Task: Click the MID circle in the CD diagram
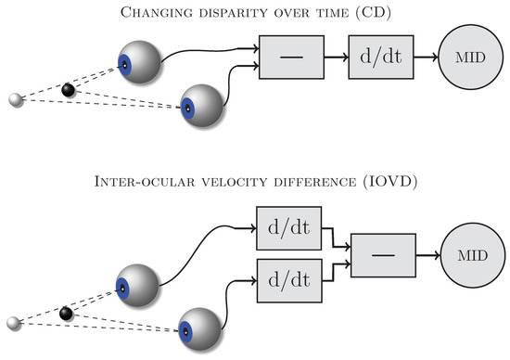pos(471,58)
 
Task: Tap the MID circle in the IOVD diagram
pos(473,255)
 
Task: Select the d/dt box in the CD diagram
pos(381,58)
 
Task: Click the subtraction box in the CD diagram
pos(291,58)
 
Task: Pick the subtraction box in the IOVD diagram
pos(383,255)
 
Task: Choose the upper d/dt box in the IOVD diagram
pos(288,228)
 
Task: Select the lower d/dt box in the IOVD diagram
pos(289,281)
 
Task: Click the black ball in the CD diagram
pos(69,90)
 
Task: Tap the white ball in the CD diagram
pos(16,99)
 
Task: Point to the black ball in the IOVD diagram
pos(67,314)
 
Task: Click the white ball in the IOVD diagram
pos(14,323)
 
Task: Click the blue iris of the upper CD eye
pos(124,65)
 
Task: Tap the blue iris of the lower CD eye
pos(187,109)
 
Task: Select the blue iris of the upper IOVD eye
pos(122,288)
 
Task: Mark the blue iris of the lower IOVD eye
pos(185,331)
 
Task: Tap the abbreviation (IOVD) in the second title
pos(390,182)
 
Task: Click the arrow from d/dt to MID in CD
pos(427,58)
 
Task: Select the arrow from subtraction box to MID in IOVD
pos(428,255)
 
